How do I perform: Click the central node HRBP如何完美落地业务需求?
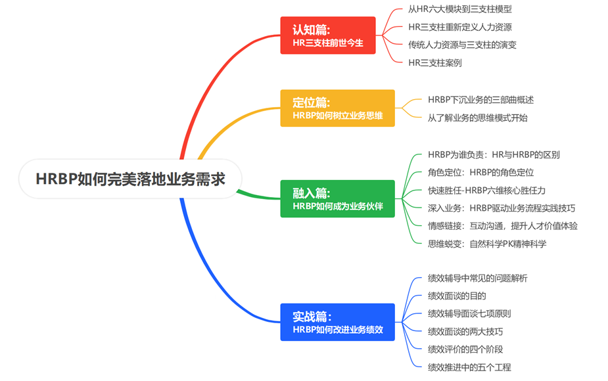pos(130,179)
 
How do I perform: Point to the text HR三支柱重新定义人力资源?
pos(459,27)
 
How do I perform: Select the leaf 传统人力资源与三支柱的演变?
pos(462,45)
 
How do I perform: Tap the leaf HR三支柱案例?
pos(434,63)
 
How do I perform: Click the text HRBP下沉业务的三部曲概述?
pos(480,100)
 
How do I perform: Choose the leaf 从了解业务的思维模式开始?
pos(477,118)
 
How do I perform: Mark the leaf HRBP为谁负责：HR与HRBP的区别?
pos(494,154)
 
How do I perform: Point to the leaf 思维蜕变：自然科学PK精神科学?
pos(487,244)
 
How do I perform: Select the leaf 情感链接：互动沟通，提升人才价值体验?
pos(503,226)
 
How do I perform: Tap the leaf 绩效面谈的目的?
pos(457,296)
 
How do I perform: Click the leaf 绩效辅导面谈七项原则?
pos(469,313)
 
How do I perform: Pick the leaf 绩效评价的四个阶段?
pos(465,349)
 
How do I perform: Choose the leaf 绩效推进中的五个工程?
pos(469,367)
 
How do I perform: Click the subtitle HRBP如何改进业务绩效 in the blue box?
pos(337,329)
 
